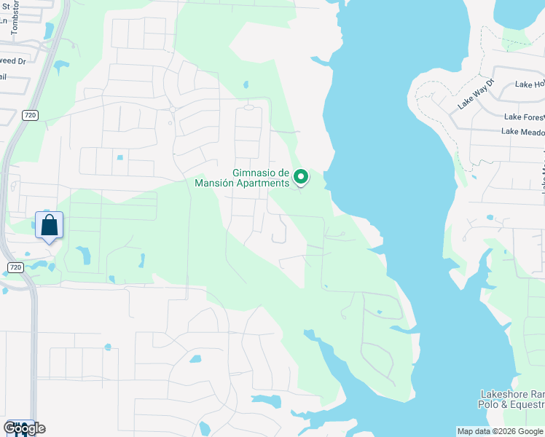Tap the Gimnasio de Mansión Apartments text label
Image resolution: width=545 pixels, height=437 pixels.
pos(242,178)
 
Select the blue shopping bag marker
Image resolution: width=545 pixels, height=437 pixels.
pos(49,225)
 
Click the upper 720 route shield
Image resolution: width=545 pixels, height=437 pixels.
pos(30,115)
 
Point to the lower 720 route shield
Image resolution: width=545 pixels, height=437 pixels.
pos(16,268)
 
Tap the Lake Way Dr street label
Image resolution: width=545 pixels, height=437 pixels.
pos(476,95)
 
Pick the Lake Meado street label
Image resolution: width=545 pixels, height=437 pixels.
pos(522,132)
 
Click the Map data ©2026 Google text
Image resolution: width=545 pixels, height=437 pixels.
pos(501,431)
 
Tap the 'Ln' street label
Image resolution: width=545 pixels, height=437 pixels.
pos(4,20)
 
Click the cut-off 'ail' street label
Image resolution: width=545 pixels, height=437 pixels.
pos(4,76)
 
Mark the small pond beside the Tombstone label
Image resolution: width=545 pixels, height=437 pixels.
pos(48,31)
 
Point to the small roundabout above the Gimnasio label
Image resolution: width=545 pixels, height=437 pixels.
pos(248,107)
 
